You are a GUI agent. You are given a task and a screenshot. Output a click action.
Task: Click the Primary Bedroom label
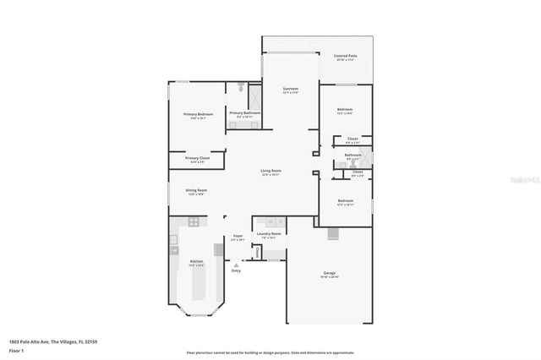coord(198,113)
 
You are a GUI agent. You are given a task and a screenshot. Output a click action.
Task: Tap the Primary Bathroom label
coord(244,112)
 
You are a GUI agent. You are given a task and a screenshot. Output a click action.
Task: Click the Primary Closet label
coord(197,158)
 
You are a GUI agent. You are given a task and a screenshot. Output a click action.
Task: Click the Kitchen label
coord(196,261)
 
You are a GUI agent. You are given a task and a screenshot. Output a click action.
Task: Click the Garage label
coord(329,273)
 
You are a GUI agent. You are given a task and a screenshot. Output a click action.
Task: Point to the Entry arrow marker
coord(235,264)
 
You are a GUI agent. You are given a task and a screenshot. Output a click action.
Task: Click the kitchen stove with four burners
coord(194,222)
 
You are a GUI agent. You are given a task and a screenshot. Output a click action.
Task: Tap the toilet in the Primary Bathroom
coord(242,87)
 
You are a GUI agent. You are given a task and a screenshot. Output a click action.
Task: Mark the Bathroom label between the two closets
coord(352,155)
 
